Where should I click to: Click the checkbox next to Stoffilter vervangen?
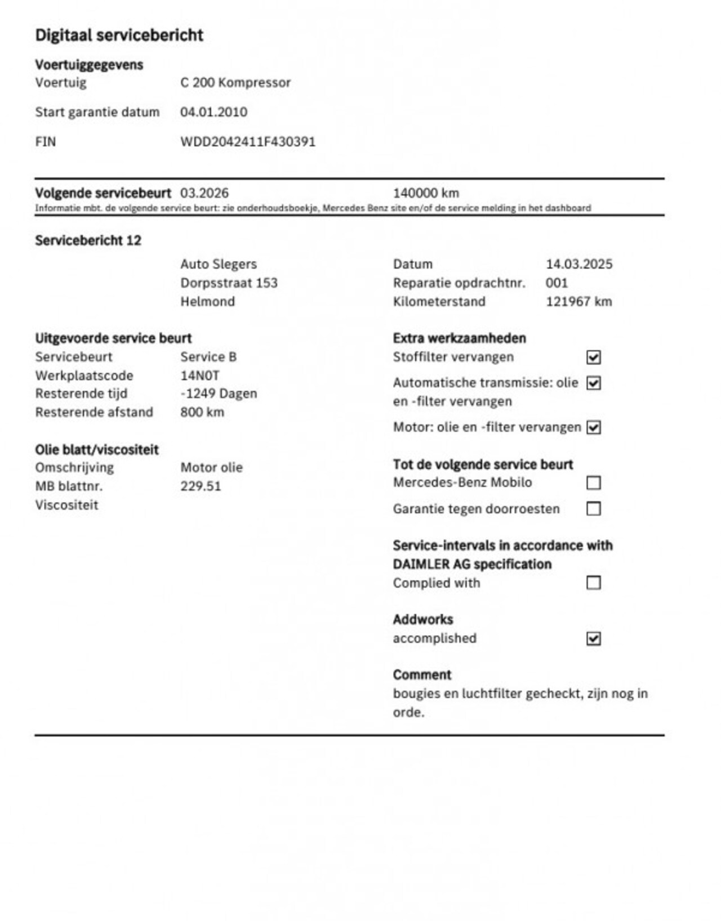pyautogui.click(x=593, y=357)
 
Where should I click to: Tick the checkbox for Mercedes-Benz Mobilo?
pyautogui.click(x=593, y=483)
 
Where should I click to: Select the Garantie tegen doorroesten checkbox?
pyautogui.click(x=593, y=509)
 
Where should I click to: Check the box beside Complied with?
pyautogui.click(x=593, y=583)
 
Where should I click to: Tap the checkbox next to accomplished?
pyautogui.click(x=593, y=638)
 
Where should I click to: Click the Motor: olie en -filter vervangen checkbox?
pyautogui.click(x=593, y=427)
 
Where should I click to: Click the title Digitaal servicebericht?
pyautogui.click(x=119, y=35)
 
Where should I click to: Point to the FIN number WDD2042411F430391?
pyautogui.click(x=248, y=141)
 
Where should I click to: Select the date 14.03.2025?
pyautogui.click(x=578, y=264)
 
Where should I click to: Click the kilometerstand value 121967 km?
pyautogui.click(x=578, y=301)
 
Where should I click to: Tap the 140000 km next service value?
pyautogui.click(x=426, y=193)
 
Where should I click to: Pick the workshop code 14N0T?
pyautogui.click(x=200, y=375)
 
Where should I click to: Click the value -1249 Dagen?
pyautogui.click(x=219, y=394)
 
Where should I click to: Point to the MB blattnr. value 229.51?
pyautogui.click(x=201, y=486)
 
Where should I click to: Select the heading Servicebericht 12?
pyautogui.click(x=88, y=240)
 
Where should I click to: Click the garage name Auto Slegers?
pyautogui.click(x=219, y=264)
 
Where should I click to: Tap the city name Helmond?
pyautogui.click(x=207, y=301)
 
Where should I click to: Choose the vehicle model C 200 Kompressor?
pyautogui.click(x=235, y=82)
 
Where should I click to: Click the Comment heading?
pyautogui.click(x=422, y=674)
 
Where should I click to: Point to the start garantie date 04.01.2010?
pyautogui.click(x=213, y=111)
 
